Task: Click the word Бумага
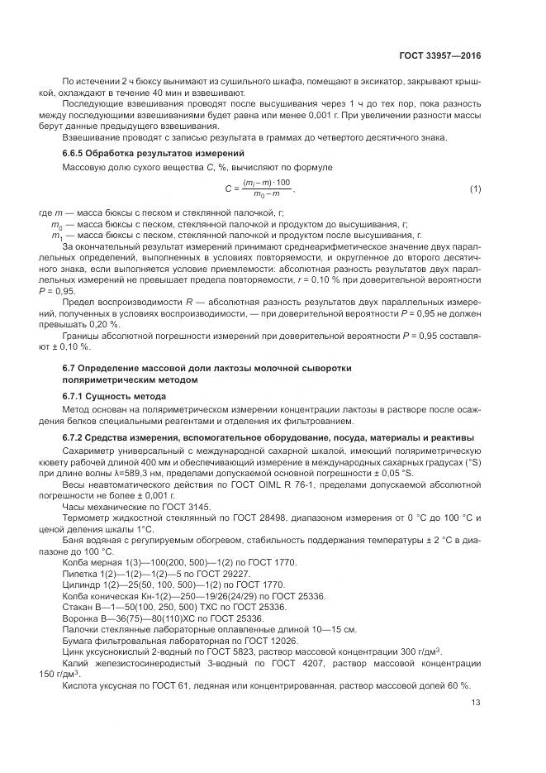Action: pyautogui.click(x=79, y=641)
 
